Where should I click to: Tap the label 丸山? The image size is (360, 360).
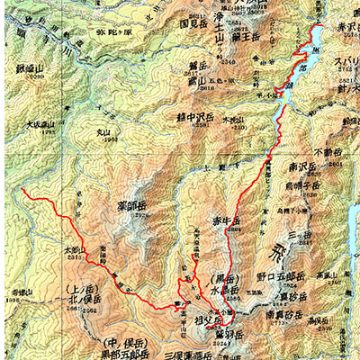click(x=109, y=133)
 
